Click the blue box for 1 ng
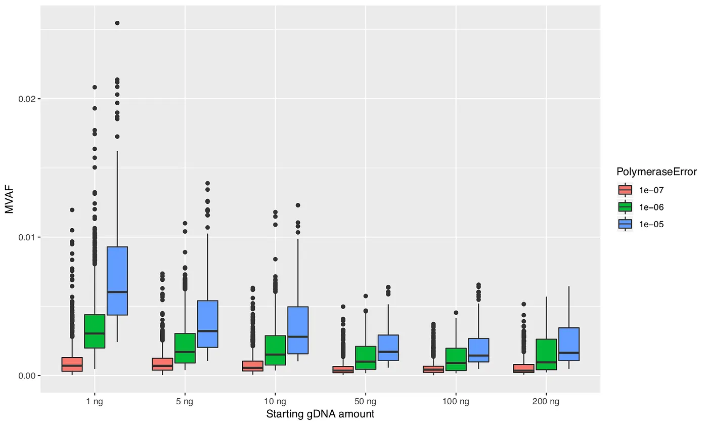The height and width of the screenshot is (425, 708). [117, 281]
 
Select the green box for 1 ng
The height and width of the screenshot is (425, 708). [95, 331]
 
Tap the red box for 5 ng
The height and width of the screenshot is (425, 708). [162, 364]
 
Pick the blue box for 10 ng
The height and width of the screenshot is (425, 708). [298, 330]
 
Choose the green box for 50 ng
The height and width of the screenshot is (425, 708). [366, 358]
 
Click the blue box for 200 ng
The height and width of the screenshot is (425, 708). [569, 344]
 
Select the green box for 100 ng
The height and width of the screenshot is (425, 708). [456, 359]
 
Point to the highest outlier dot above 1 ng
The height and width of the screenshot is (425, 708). [117, 23]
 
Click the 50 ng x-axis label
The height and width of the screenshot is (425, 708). [366, 402]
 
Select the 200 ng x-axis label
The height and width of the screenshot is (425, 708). [547, 402]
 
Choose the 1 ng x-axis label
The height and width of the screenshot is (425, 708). [95, 402]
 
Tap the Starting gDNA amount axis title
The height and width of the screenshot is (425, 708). [320, 414]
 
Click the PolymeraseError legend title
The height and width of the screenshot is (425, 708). [656, 172]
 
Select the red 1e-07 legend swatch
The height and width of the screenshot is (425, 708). [626, 190]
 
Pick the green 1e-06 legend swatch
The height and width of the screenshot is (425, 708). [626, 207]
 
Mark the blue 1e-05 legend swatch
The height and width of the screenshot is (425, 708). [626, 224]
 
